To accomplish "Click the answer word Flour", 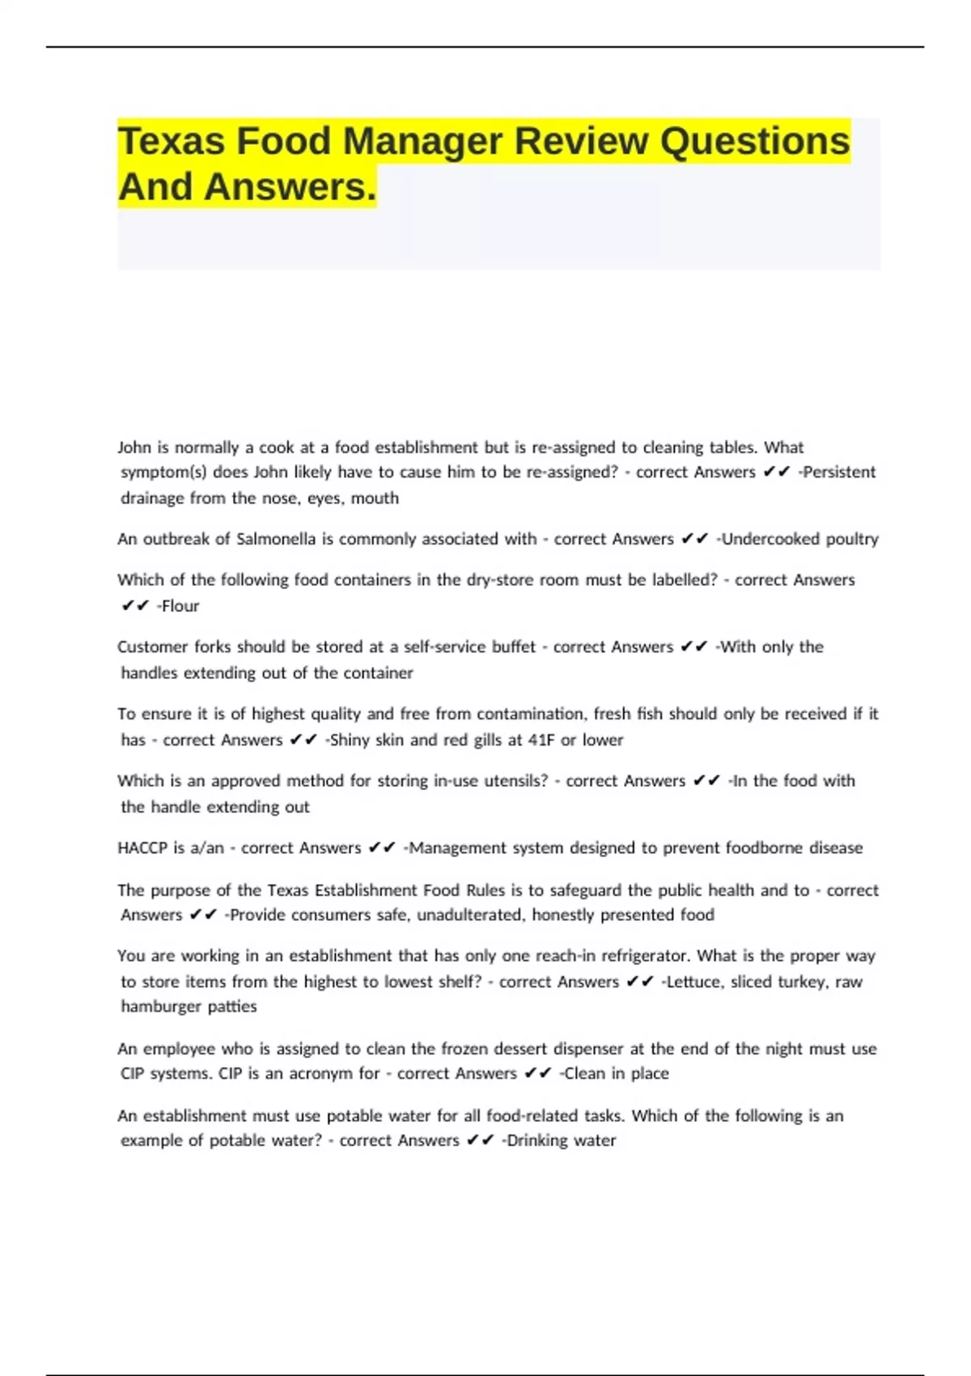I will (180, 606).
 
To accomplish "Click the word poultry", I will (851, 539).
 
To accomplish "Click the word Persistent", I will (839, 472).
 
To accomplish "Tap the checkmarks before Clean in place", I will (537, 1074).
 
